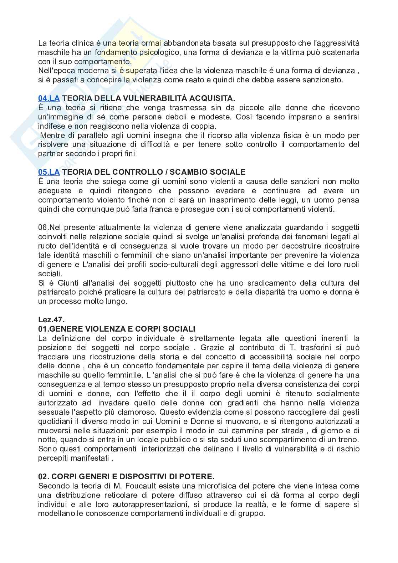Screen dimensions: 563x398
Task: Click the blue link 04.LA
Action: [x=49, y=98]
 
